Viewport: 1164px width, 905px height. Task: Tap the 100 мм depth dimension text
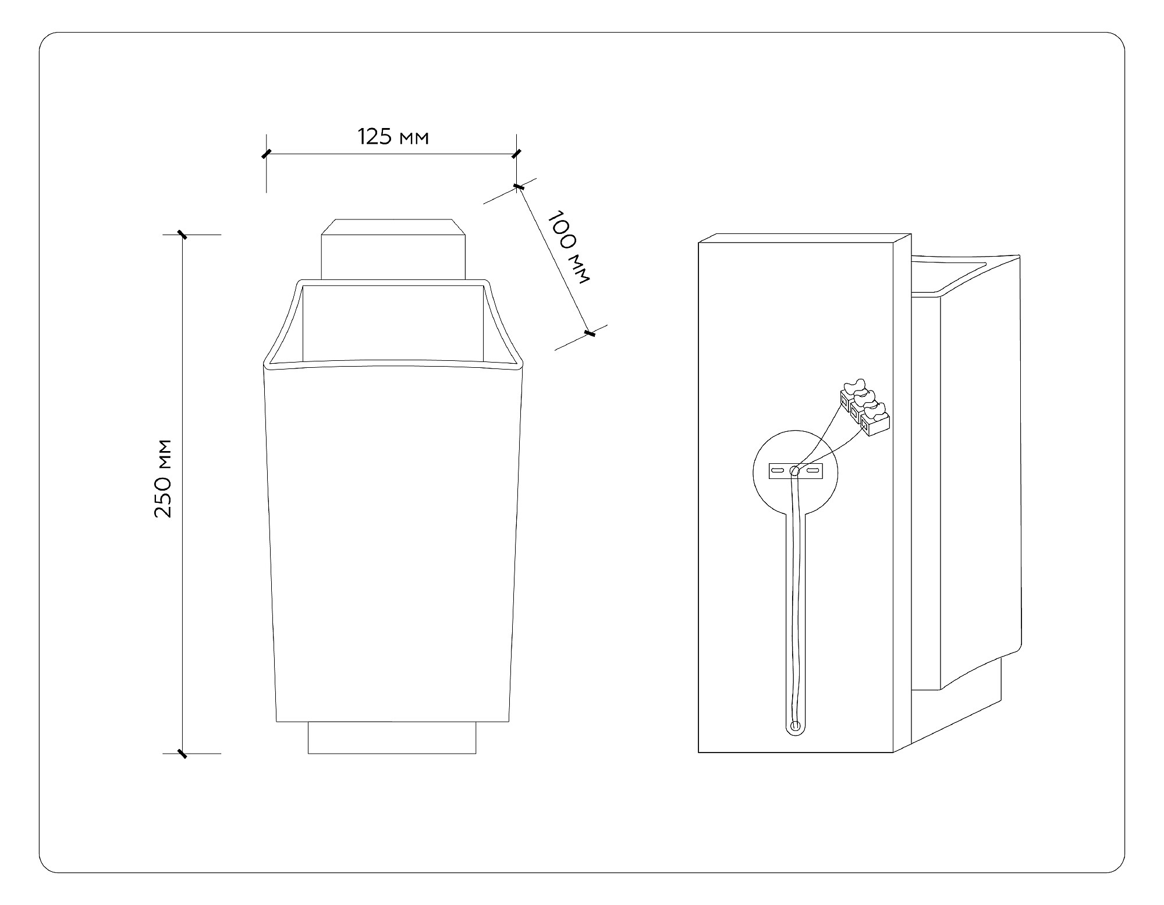click(569, 247)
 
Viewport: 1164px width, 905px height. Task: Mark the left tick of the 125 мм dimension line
click(266, 154)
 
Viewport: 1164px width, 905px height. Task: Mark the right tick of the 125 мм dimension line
click(516, 154)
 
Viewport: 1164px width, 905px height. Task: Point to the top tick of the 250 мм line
click(183, 235)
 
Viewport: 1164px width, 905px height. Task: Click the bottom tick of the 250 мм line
click(183, 754)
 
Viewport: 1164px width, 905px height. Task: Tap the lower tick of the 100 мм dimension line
click(589, 333)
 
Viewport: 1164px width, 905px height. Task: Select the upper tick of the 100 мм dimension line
click(518, 187)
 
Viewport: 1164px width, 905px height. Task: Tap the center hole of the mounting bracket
click(795, 470)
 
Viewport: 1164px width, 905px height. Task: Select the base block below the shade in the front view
click(392, 738)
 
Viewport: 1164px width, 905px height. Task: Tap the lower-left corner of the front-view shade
click(277, 721)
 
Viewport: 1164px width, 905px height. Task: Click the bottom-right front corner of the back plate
click(893, 752)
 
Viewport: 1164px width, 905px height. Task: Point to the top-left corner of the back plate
click(699, 243)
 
